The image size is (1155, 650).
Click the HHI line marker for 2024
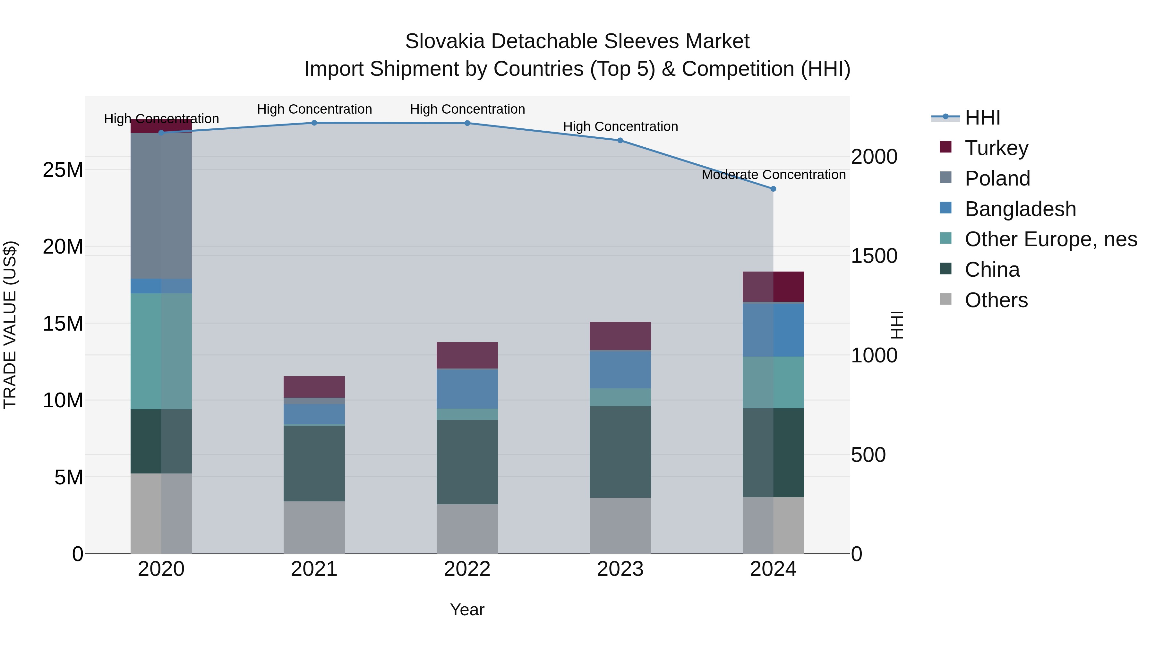coord(773,189)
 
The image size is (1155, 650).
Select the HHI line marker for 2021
coord(314,123)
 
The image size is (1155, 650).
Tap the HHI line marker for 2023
coord(620,140)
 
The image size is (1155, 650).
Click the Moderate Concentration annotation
coord(774,175)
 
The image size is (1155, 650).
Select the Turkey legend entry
coord(996,148)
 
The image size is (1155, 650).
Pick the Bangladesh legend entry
coord(1020,209)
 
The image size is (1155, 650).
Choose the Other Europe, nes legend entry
coord(1050,239)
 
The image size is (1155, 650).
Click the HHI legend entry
coord(982,117)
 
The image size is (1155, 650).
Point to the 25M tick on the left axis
coord(63,170)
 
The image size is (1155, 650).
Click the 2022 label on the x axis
coord(467,569)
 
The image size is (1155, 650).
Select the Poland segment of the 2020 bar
coord(161,205)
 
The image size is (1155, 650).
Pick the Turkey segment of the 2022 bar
coord(467,355)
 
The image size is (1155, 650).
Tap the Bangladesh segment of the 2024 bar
coord(773,330)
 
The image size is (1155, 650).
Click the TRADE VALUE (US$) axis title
coord(10,325)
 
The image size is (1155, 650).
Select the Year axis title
coord(467,610)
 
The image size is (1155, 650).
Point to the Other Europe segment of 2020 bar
coord(161,351)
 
